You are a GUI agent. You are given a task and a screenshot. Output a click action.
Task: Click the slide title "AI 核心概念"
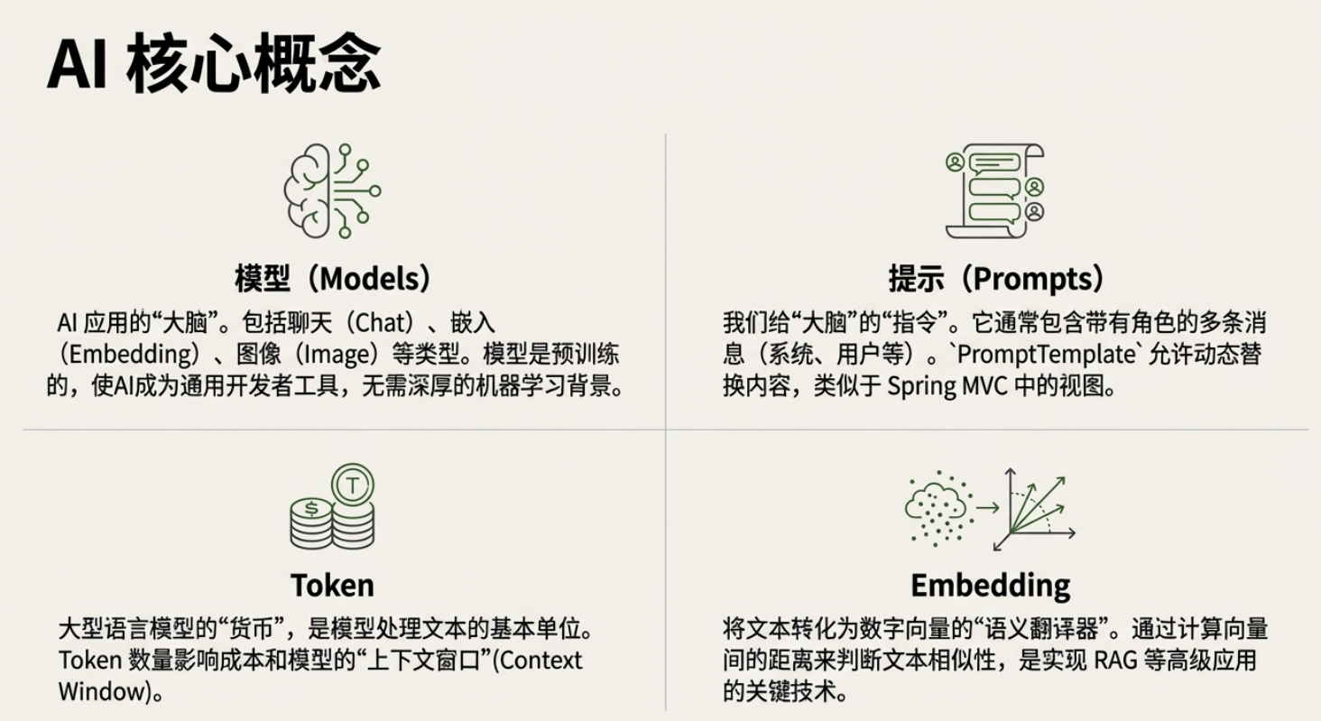coord(214,64)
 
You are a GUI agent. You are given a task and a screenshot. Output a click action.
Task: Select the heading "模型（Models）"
coord(333,278)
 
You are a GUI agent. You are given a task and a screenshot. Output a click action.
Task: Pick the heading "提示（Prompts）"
coord(996,278)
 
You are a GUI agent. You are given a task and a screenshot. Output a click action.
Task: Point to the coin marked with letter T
coord(353,485)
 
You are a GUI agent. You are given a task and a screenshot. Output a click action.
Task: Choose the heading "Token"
coord(332,585)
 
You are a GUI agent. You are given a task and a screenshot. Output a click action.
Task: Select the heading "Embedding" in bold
coord(990,585)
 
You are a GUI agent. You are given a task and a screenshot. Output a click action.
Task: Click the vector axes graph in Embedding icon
coord(1034,509)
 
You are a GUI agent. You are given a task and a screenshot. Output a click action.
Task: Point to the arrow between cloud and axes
coord(987,508)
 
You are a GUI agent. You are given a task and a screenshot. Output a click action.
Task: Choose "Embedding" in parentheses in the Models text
coord(126,354)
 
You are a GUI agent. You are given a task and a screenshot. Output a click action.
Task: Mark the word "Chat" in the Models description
coord(372,322)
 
